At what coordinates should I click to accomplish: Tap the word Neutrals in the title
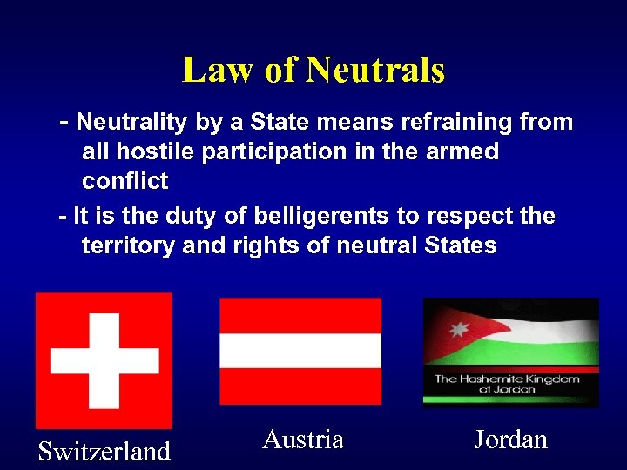click(x=376, y=70)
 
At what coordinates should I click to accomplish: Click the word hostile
click(x=155, y=152)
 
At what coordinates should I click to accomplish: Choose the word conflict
click(x=125, y=182)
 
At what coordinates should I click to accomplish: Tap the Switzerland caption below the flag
click(x=104, y=452)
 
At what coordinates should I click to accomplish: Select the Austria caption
click(x=303, y=440)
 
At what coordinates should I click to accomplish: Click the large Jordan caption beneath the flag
click(x=510, y=440)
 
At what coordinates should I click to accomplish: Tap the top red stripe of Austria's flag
click(x=300, y=316)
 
